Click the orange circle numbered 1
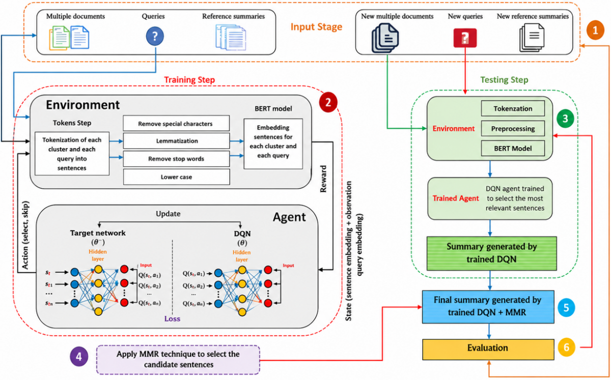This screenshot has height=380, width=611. (x=595, y=30)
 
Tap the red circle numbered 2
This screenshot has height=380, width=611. (x=328, y=102)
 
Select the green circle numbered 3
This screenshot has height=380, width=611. (x=565, y=119)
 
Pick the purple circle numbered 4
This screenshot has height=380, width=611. (x=79, y=357)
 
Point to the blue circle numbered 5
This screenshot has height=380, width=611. (x=566, y=307)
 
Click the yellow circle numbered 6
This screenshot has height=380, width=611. (x=566, y=347)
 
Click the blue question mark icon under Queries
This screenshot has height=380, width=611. (x=155, y=36)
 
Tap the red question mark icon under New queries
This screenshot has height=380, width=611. (x=465, y=38)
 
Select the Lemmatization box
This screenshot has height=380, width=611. (x=176, y=141)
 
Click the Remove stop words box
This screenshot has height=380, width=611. (x=176, y=159)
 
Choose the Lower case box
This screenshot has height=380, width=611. (x=176, y=177)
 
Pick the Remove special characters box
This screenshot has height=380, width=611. (x=176, y=123)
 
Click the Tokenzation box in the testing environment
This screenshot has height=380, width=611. (x=513, y=108)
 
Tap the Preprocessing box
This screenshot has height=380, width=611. (x=513, y=128)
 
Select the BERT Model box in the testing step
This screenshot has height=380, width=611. (x=513, y=149)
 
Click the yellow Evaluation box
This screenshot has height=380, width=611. (x=488, y=349)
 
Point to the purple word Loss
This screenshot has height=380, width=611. (x=172, y=318)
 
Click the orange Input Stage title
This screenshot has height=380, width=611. (x=316, y=27)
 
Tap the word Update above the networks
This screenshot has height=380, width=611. (x=168, y=214)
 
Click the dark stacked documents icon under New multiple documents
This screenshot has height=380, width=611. (x=385, y=38)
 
